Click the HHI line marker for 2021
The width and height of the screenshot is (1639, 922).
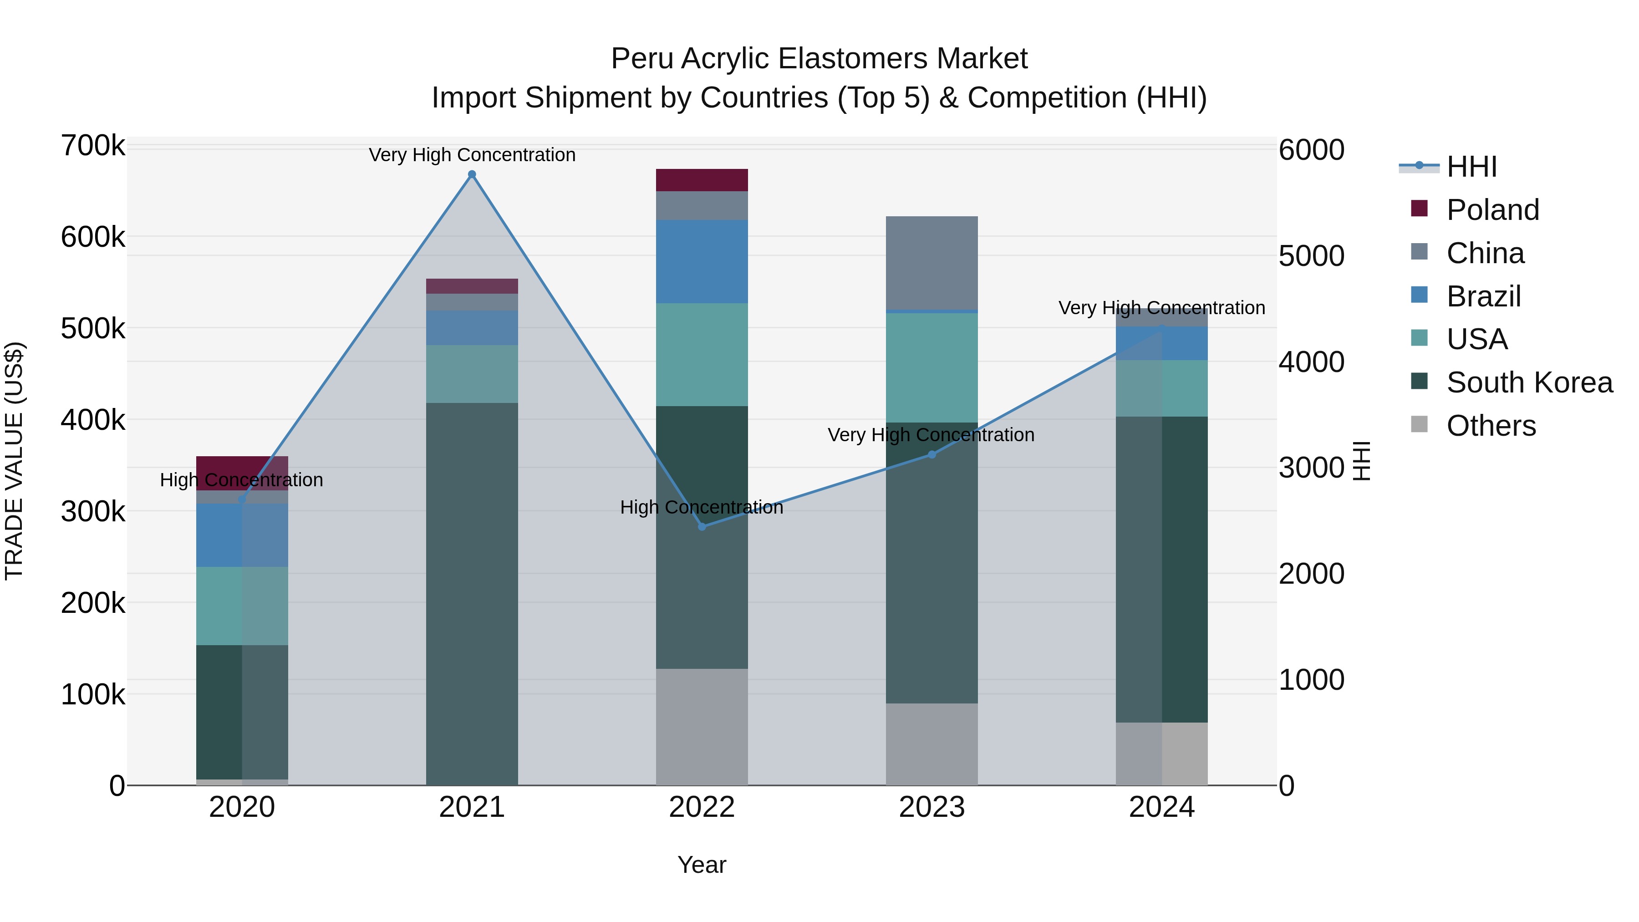pos(472,174)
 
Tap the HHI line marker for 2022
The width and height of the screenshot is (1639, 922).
pos(702,527)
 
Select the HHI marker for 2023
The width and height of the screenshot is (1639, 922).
pos(931,454)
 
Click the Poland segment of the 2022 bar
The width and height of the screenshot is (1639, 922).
pos(702,180)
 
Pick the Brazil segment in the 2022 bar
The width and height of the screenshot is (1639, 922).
pos(702,261)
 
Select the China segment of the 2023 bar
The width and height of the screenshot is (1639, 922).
pos(931,263)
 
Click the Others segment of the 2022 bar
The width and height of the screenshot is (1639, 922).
pos(702,727)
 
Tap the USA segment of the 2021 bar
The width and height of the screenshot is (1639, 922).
pos(472,374)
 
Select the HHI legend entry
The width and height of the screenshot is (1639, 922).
pos(1471,167)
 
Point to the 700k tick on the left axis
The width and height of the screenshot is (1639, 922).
pos(93,146)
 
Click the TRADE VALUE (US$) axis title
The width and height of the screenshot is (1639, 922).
pos(14,461)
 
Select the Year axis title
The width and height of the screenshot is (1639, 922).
pos(701,865)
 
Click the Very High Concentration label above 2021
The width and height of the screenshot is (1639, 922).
pos(472,155)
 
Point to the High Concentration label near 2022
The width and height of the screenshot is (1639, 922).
pos(701,507)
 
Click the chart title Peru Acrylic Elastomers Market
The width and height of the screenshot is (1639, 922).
pos(819,59)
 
